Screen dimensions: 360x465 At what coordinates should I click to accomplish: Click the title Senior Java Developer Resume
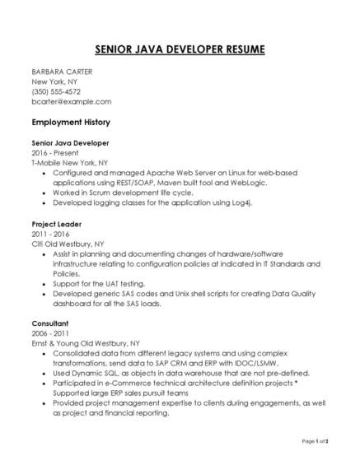(180, 50)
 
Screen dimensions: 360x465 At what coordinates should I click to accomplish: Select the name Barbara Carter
(62, 72)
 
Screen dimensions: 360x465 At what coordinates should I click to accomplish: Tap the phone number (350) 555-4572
(56, 91)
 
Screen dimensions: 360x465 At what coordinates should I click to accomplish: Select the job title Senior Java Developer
(70, 142)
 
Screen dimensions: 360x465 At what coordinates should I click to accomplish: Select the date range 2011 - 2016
(49, 234)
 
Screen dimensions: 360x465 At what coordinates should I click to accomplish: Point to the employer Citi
(39, 244)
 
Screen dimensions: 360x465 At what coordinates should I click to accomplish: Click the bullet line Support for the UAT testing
(105, 283)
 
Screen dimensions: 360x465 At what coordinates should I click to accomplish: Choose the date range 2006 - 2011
(49, 333)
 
